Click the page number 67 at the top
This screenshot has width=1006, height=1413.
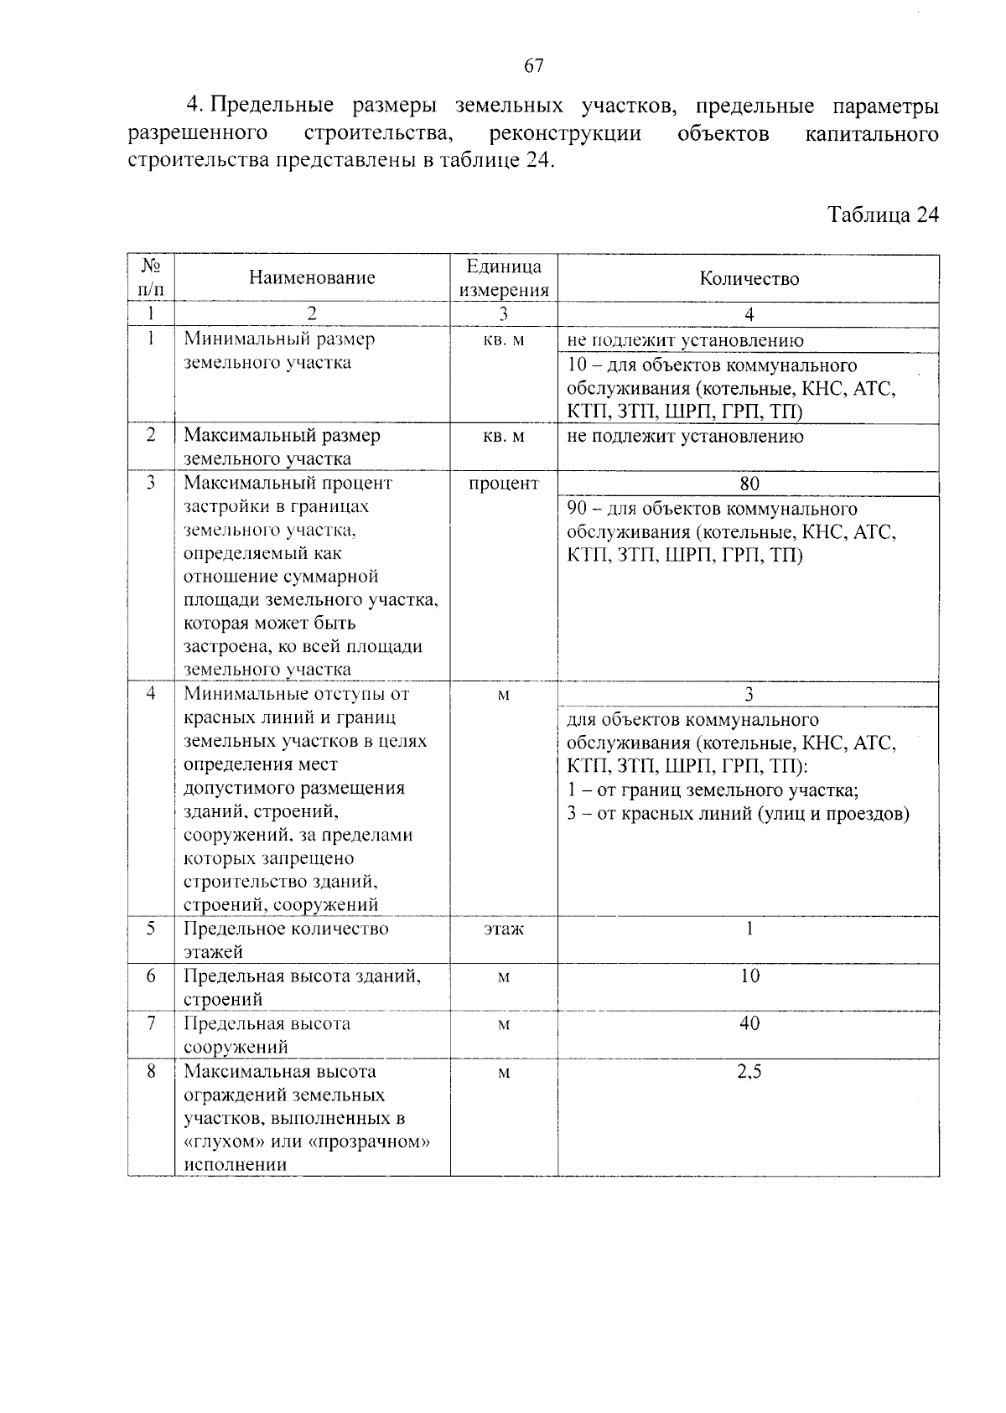pos(534,66)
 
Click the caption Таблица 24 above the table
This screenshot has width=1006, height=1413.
pos(883,215)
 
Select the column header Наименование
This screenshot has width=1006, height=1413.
pos(312,277)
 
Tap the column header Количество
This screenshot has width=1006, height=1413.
pos(749,279)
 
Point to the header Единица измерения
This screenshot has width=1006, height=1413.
pos(504,278)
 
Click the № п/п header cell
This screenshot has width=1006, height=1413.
pos(151,277)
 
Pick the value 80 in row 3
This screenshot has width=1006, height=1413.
pos(749,484)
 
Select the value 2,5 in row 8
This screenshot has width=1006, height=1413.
pos(749,1072)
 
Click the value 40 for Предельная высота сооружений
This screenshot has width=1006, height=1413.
pos(749,1023)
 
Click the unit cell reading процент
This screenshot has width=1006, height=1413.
pos(504,484)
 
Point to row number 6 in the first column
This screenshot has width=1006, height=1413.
pos(151,976)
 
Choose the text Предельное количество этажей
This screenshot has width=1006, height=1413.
pos(285,940)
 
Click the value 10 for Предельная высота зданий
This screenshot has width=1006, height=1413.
pos(749,976)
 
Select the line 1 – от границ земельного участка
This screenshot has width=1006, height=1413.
pos(713,790)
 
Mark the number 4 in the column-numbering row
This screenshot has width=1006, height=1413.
pos(749,315)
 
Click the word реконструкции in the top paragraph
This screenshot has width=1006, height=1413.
pos(565,134)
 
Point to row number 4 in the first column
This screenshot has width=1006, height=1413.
pos(151,694)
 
